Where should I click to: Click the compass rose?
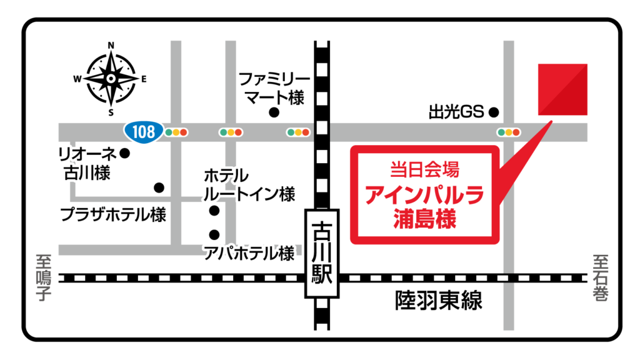tap(111, 79)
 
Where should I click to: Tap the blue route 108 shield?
tap(144, 131)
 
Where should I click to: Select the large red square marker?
tap(562, 89)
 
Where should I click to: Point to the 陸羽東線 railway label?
tap(439, 301)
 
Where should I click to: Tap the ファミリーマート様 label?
tap(274, 88)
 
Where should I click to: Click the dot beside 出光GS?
tap(494, 112)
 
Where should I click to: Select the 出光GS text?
tap(456, 112)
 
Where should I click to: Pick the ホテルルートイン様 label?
tap(249, 185)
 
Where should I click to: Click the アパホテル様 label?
tap(249, 253)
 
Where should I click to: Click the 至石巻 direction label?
tap(601, 275)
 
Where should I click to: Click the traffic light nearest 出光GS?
tap(509, 132)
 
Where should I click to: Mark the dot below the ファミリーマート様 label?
tap(274, 112)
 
